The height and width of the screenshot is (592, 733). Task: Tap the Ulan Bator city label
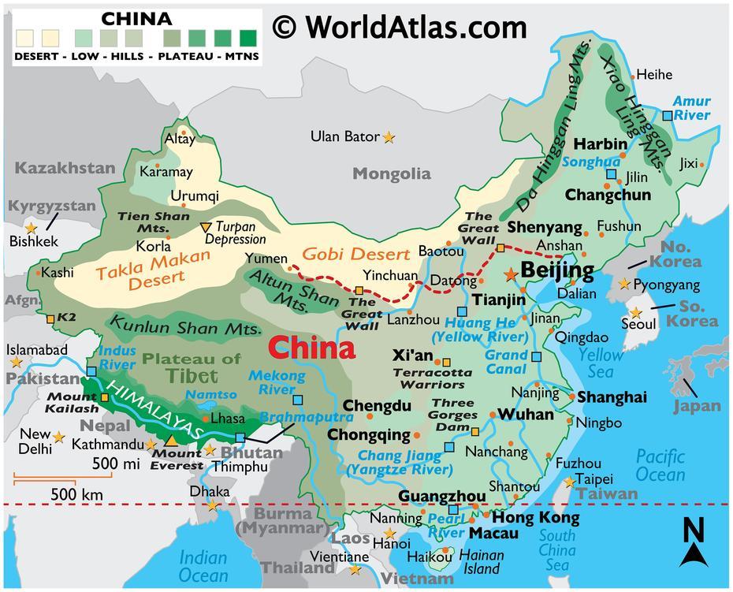(x=344, y=136)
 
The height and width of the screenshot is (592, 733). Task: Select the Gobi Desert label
(x=357, y=254)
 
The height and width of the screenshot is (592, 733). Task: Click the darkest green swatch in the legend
(x=249, y=36)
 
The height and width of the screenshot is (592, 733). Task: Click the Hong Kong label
(x=535, y=518)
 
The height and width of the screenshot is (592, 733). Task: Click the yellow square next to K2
(x=50, y=318)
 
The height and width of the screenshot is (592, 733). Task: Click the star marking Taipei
(x=569, y=481)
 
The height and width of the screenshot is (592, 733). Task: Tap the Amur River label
(x=691, y=108)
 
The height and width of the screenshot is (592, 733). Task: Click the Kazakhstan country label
(x=63, y=168)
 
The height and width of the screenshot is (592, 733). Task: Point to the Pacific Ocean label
(x=660, y=465)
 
